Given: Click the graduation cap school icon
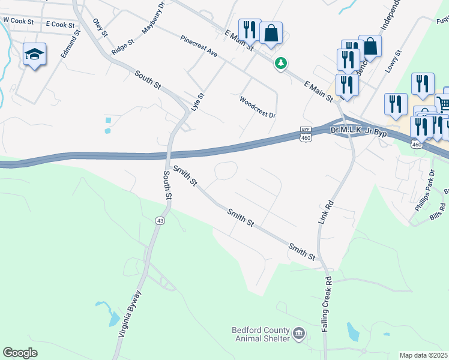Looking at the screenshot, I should [34, 55].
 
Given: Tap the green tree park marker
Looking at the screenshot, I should [280, 62].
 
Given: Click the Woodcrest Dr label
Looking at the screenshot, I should [257, 107].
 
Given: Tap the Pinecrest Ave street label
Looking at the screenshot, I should [199, 46].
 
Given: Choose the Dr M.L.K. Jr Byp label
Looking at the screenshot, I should [358, 130].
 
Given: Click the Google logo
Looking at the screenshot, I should [20, 353].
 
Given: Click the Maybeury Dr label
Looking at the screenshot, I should [152, 19].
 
